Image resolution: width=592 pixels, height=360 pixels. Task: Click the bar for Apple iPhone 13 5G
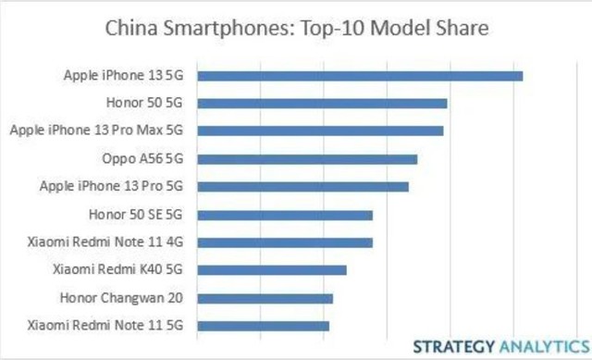coord(360,76)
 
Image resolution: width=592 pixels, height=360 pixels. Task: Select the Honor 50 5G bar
coord(322,104)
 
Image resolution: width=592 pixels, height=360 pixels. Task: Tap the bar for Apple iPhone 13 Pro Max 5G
coord(320,130)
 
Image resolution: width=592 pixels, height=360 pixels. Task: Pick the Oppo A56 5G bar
coord(307,159)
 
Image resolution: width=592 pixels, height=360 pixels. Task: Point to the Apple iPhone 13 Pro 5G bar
coord(302,186)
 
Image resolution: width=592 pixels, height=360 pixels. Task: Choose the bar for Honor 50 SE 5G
coord(285,215)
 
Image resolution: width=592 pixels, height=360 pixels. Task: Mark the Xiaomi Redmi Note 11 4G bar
coord(285,242)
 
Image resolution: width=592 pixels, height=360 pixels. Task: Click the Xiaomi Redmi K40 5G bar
coord(272,270)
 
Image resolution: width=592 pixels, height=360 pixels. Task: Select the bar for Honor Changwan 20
coord(265,298)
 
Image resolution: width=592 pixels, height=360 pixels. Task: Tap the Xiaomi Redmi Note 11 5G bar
coord(263,326)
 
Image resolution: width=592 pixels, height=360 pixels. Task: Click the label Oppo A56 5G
coord(142,159)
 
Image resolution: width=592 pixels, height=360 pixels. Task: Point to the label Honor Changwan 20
coord(122,298)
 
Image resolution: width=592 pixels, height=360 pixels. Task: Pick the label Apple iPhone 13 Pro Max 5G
coord(97,130)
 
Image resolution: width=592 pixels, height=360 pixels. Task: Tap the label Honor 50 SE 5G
coord(136,215)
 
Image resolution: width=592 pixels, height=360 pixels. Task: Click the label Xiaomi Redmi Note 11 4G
coord(106,242)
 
